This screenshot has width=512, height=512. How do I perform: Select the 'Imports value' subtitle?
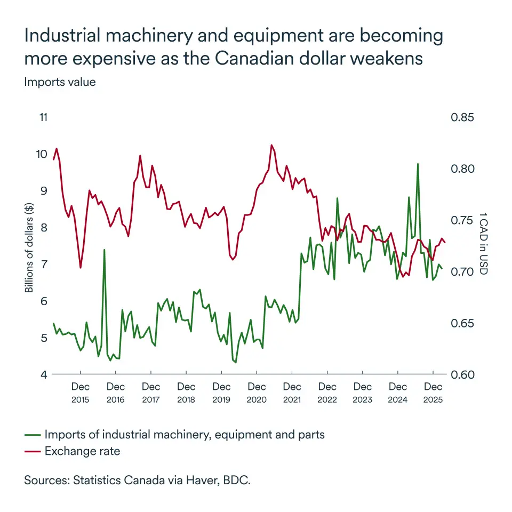[60, 82]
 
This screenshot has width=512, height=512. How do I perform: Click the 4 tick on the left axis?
[44, 374]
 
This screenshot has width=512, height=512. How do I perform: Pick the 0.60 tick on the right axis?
[462, 374]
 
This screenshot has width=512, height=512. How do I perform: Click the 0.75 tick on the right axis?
[462, 220]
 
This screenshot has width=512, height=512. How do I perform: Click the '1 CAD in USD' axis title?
[483, 243]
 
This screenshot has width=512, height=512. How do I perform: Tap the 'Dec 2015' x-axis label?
[80, 393]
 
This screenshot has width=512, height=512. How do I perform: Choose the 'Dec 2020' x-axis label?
[257, 393]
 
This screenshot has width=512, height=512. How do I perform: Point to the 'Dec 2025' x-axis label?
[433, 393]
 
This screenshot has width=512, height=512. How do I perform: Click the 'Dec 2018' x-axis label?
[186, 393]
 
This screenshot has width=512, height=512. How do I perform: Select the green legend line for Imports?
[33, 435]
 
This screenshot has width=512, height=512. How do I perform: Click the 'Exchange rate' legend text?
[82, 451]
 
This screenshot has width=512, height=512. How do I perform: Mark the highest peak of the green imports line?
[418, 164]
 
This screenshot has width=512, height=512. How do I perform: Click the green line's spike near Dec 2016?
[104, 250]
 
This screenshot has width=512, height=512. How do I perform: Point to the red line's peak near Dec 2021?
[271, 145]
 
